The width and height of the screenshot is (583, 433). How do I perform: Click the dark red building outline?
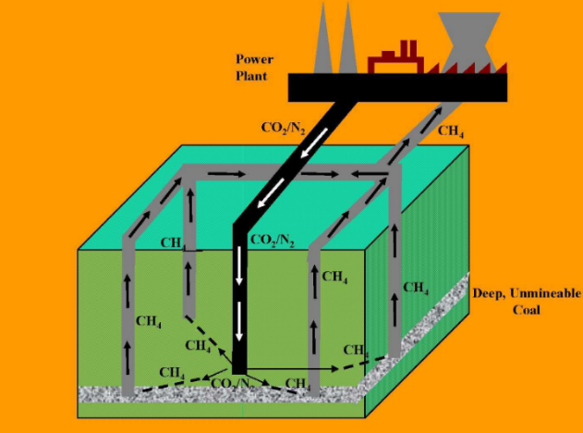(395, 61)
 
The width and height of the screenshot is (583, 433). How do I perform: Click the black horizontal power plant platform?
(397, 87)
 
